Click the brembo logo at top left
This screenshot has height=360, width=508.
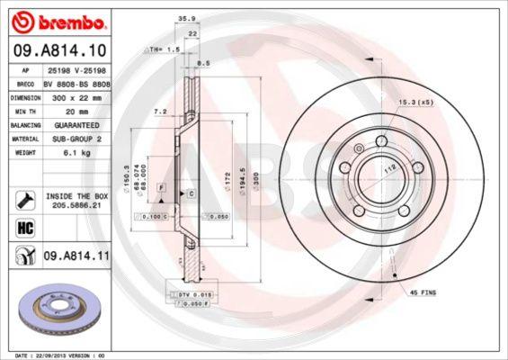coord(62,19)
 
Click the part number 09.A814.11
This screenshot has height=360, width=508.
coord(76,257)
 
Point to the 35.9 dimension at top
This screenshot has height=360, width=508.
coord(187,16)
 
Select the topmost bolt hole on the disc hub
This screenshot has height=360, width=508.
coord(380,139)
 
